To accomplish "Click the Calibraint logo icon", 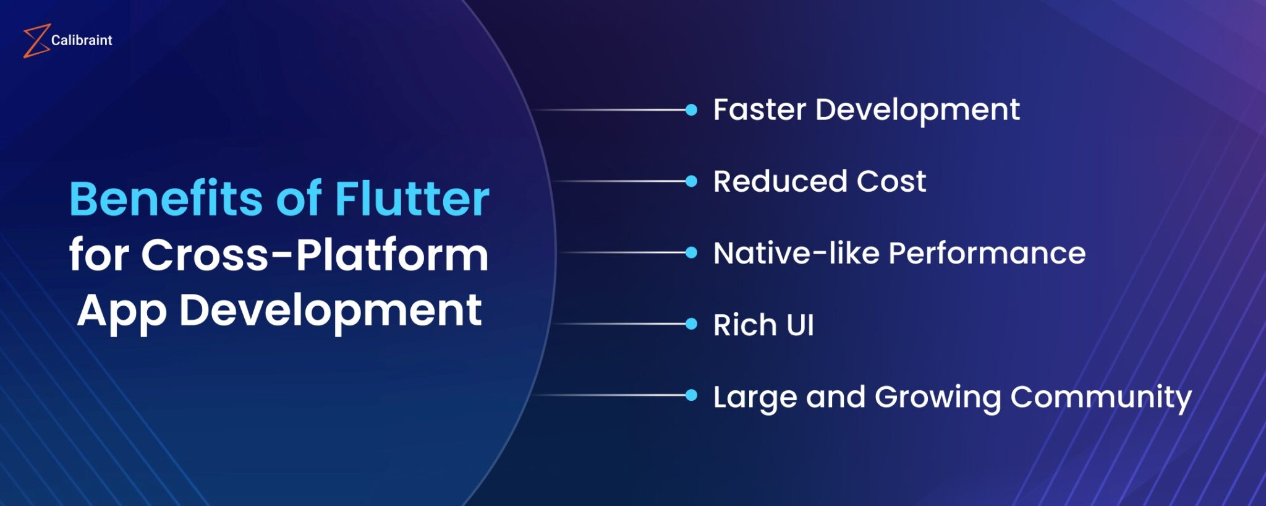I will click(x=36, y=41).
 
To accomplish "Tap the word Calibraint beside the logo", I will click(x=82, y=40).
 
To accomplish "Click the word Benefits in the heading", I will click(x=166, y=199).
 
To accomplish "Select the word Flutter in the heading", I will click(x=412, y=199).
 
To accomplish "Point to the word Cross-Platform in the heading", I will click(x=315, y=255).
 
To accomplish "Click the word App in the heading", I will click(x=122, y=311).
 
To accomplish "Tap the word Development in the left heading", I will click(x=330, y=311).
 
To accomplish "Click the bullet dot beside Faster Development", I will click(x=692, y=110).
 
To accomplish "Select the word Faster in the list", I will click(x=760, y=110).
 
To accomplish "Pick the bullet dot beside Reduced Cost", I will click(x=692, y=181).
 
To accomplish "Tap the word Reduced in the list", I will click(x=780, y=182).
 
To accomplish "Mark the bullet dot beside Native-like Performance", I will click(x=692, y=252).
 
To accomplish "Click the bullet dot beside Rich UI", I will click(x=692, y=324).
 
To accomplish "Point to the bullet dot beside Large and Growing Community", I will click(x=692, y=395).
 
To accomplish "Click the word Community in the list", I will click(x=1100, y=397).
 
